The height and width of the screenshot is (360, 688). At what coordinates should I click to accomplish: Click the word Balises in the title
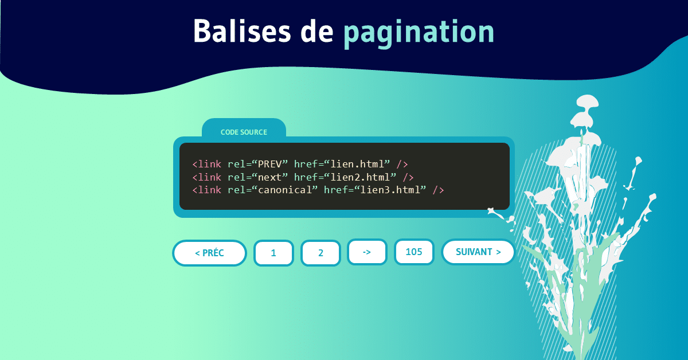click(242, 31)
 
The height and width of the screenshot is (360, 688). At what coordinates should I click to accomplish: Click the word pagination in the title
click(419, 33)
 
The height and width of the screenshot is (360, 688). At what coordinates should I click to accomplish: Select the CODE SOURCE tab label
click(244, 132)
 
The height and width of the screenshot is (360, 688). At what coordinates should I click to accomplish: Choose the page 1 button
click(273, 253)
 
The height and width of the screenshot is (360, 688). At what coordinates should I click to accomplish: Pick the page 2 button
click(320, 253)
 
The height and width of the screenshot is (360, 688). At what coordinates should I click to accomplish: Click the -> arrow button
click(367, 252)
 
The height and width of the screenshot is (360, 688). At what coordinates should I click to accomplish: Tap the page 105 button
click(414, 252)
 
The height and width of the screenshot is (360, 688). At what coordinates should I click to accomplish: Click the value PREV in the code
click(269, 165)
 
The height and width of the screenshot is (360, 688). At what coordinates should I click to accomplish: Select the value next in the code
click(269, 177)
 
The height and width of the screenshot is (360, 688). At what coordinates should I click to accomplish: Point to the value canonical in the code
click(285, 190)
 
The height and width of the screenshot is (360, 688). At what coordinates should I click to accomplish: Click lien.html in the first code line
click(357, 165)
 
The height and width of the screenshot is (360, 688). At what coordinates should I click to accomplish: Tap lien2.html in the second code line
click(360, 177)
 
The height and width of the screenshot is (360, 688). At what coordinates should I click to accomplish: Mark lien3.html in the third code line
click(390, 190)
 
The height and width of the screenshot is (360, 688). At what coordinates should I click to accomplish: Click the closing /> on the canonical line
click(438, 190)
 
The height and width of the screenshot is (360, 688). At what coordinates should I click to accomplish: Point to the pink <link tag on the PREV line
click(207, 165)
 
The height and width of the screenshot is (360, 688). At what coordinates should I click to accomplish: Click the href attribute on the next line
click(306, 177)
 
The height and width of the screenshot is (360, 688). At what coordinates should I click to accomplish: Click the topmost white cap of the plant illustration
click(588, 101)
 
